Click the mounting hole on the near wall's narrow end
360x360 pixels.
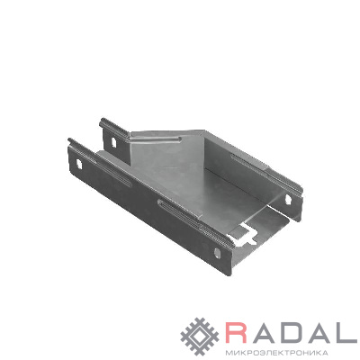[79, 164]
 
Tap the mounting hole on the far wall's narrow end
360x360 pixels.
[113, 142]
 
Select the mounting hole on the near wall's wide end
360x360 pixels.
[217, 253]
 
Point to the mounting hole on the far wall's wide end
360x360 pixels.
[288, 199]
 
